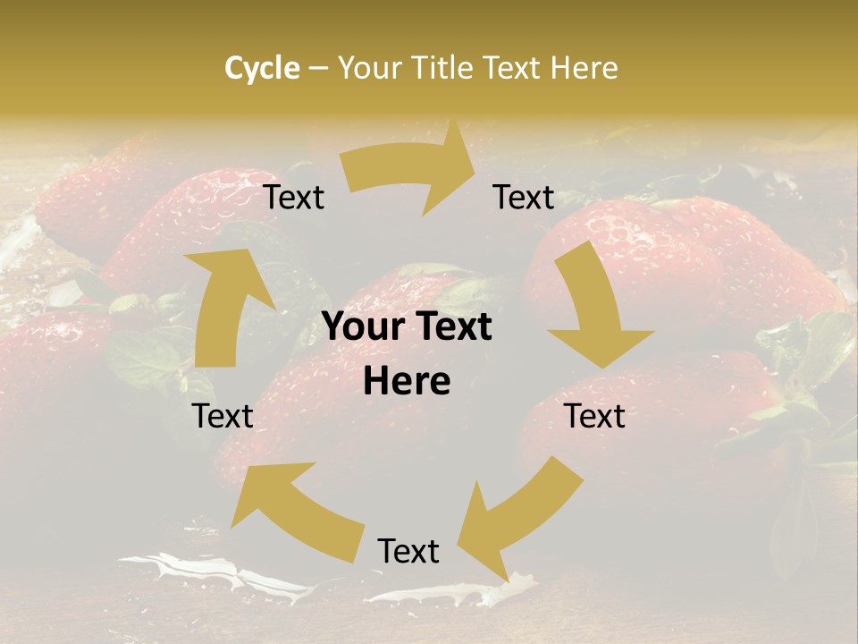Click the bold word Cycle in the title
coord(262,68)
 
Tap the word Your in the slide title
coord(369,68)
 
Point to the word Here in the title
coord(584,68)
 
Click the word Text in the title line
coord(513,68)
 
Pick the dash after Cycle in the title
coord(318,69)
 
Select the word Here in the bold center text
coord(407,382)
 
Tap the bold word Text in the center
coord(452,327)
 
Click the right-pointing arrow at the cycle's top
coord(411,174)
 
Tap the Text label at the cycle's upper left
coord(294,198)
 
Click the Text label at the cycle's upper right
coord(524,198)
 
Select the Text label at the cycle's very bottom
coord(408,552)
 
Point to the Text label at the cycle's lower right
coord(595,416)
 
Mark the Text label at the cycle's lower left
coord(223,416)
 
